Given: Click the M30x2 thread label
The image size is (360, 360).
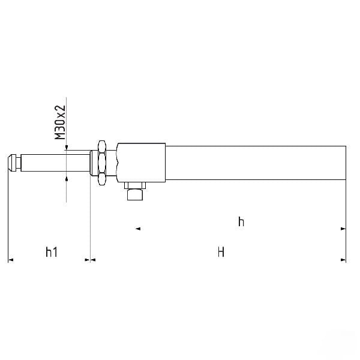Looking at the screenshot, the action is (60, 122).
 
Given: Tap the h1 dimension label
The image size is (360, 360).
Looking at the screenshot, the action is (52, 252).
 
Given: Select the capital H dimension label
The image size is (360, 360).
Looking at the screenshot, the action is (221, 252).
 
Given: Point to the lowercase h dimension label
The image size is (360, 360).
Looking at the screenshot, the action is (241, 221).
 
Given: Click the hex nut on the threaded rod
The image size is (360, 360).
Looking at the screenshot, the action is (102, 163).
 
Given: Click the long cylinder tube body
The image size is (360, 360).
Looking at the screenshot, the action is (256, 163).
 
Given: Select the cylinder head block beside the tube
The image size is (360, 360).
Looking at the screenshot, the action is (141, 163).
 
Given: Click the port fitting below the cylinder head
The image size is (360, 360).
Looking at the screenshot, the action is (135, 194).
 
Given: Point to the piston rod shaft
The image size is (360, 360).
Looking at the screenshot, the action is (55, 163).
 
